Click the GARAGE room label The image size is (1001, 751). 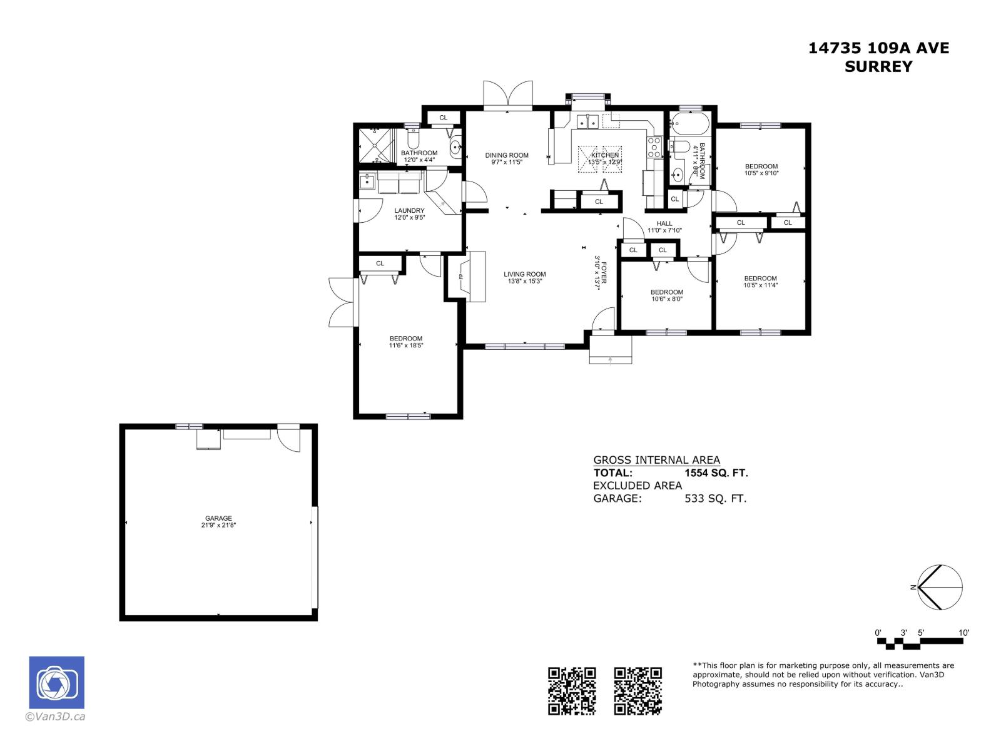(x=218, y=518)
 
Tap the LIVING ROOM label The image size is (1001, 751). (x=525, y=274)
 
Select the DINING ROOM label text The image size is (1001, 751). (x=507, y=155)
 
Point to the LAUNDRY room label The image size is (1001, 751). (x=410, y=211)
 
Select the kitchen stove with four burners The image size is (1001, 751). (x=654, y=147)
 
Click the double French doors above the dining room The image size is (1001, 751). (x=508, y=96)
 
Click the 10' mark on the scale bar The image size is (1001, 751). (x=963, y=633)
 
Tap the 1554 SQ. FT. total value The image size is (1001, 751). (x=716, y=473)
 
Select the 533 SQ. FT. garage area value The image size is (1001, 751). (x=716, y=499)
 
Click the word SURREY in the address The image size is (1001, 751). (x=878, y=67)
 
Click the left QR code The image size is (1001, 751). (x=572, y=691)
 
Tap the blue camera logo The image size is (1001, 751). (x=57, y=683)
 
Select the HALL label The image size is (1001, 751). (x=664, y=223)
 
